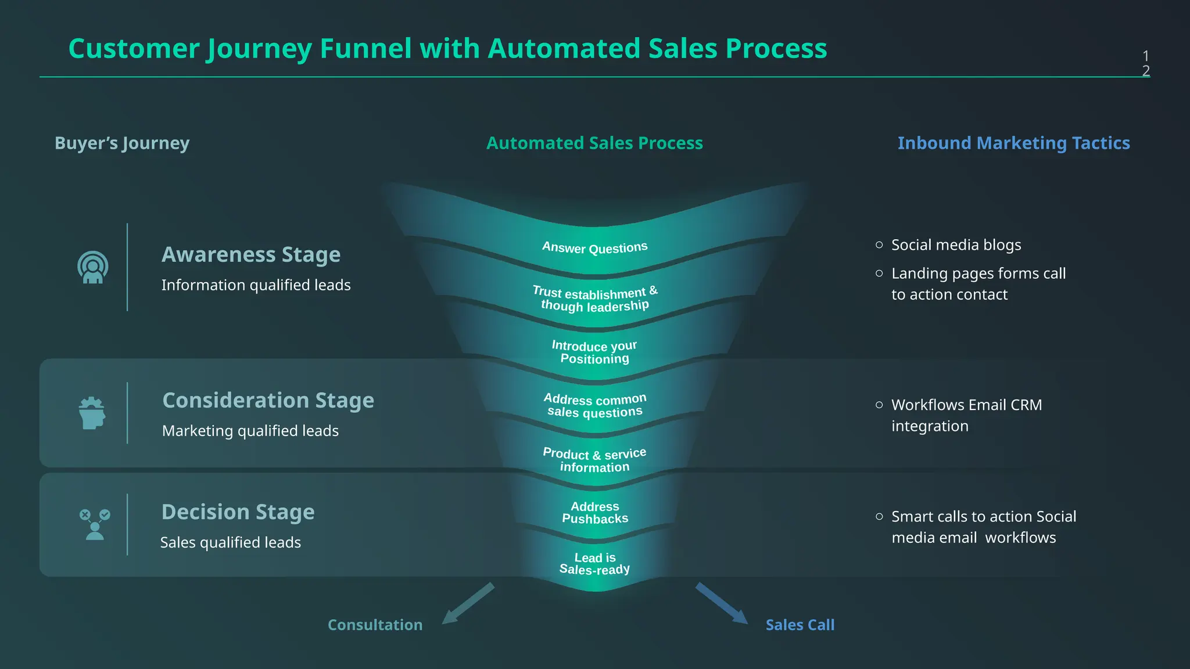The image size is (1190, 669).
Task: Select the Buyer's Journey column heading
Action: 122,143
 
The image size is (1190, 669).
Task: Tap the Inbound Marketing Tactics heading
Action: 1013,143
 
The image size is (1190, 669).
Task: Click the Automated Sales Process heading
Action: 594,143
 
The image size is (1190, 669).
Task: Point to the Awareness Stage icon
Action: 93,268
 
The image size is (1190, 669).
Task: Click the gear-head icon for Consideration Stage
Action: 92,413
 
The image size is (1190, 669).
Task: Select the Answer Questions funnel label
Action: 594,247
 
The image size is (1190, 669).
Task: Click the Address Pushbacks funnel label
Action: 595,513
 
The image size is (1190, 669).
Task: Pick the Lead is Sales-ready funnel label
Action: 594,564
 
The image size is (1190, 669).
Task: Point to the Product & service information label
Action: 594,460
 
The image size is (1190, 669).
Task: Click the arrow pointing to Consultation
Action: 467,604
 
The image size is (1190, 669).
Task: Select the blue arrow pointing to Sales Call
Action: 722,603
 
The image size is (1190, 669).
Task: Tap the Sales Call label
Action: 800,625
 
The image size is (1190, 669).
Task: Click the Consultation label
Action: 375,625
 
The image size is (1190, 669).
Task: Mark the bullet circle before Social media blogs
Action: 879,245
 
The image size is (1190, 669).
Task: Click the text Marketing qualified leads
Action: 250,431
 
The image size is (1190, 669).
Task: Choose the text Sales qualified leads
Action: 230,542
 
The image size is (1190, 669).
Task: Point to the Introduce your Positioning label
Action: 594,353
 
